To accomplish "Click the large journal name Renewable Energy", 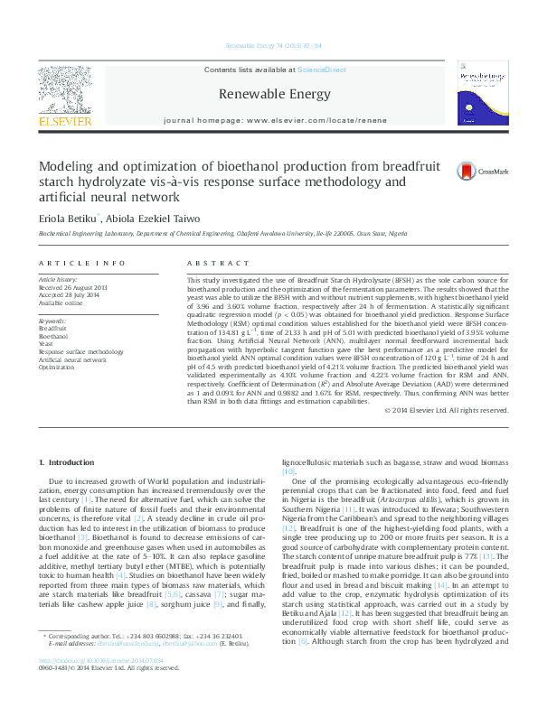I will pyautogui.click(x=269, y=93).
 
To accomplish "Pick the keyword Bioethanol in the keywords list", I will pyautogui.click(x=53, y=335).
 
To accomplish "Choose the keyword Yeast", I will pyautogui.click(x=46, y=343).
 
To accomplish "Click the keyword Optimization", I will pyautogui.click(x=56, y=368).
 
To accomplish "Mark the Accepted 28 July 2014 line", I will pyautogui.click(x=71, y=295).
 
